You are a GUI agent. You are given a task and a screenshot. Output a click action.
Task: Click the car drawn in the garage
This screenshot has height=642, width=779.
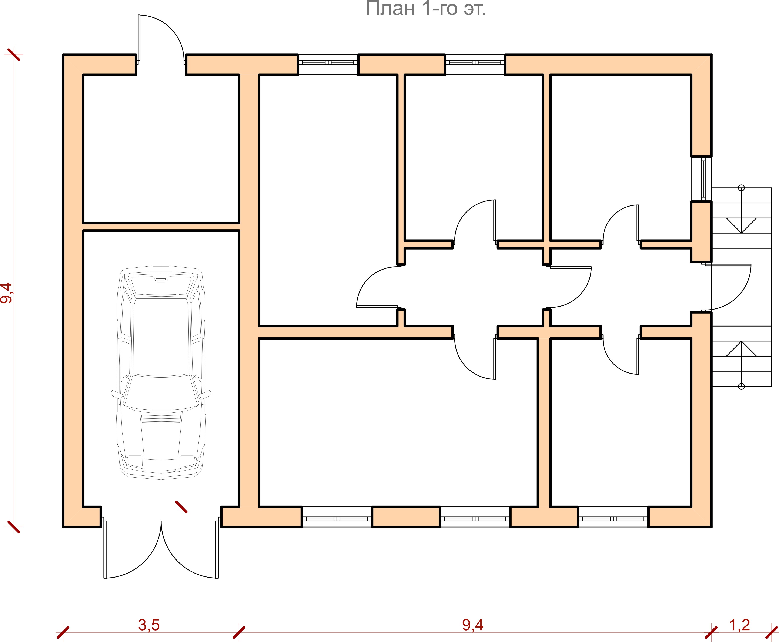point(161,372)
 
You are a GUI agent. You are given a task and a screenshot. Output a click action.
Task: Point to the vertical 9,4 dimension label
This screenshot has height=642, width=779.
point(7,293)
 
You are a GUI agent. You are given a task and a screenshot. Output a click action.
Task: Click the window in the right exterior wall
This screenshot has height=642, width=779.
point(701,179)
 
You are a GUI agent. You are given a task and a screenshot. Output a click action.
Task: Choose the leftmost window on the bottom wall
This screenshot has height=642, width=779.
point(337,517)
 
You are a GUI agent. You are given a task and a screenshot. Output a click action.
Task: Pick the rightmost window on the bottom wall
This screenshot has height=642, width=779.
point(613,517)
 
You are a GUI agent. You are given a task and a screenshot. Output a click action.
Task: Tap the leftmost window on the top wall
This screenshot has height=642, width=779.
point(328,65)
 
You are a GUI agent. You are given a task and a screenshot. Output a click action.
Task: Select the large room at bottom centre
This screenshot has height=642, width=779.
point(398,422)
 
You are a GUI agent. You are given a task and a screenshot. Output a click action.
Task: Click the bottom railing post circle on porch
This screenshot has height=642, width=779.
point(741,387)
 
